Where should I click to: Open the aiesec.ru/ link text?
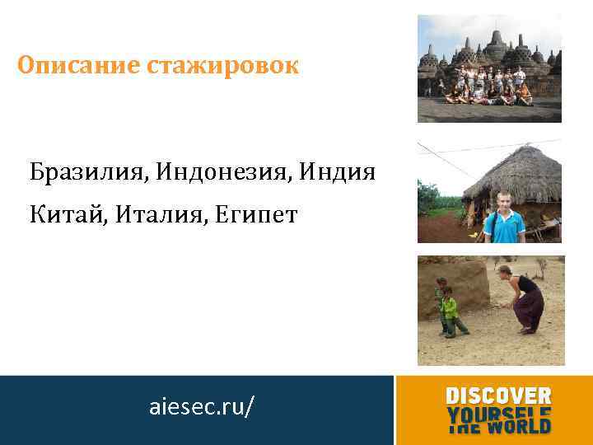[202, 406]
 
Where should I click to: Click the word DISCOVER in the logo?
[498, 396]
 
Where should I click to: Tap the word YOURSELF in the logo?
[498, 411]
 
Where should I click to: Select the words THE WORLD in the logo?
[498, 426]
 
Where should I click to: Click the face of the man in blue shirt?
[503, 200]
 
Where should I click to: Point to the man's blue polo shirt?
[503, 227]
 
